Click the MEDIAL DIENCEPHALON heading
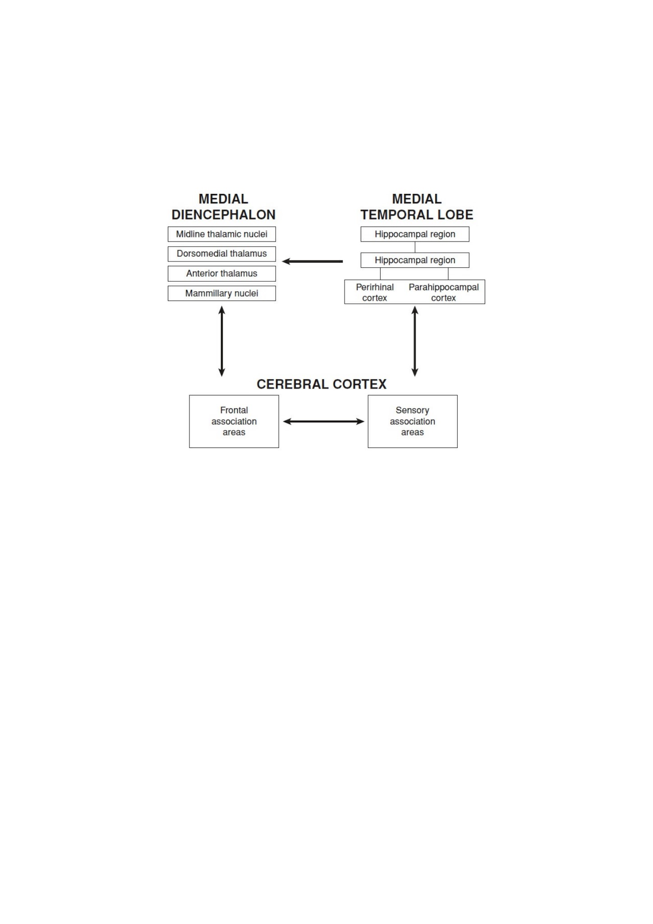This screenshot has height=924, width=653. coord(223,207)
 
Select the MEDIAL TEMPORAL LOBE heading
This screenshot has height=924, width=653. coord(417,207)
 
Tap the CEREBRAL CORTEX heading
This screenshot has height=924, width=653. coord(322,384)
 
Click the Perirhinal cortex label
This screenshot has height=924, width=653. coord(375,293)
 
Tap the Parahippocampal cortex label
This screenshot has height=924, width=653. coord(444,293)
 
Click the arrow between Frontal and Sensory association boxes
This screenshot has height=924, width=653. coord(323,421)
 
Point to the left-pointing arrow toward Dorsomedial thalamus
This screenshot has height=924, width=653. coord(313,261)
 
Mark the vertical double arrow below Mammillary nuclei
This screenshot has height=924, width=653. coord(221,341)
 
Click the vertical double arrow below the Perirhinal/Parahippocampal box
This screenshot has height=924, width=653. coord(415,341)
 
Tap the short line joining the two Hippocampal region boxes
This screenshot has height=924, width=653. coord(415,247)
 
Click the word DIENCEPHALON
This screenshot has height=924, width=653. coord(223,215)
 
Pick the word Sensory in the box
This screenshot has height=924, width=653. coord(413,411)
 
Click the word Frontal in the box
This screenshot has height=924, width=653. coord(234,410)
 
